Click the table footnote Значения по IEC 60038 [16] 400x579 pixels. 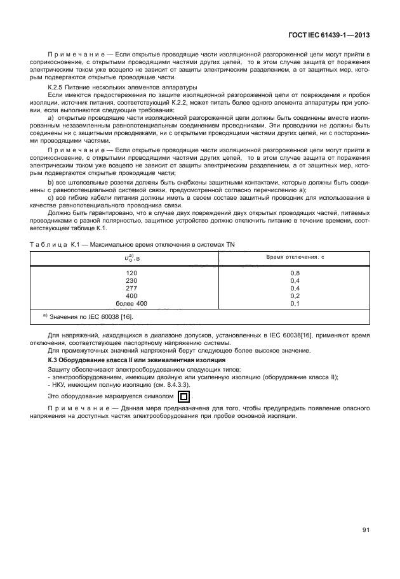point(88,316)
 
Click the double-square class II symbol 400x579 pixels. point(183,398)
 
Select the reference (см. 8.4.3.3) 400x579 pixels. point(159,385)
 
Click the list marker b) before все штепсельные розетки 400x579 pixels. point(51,183)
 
